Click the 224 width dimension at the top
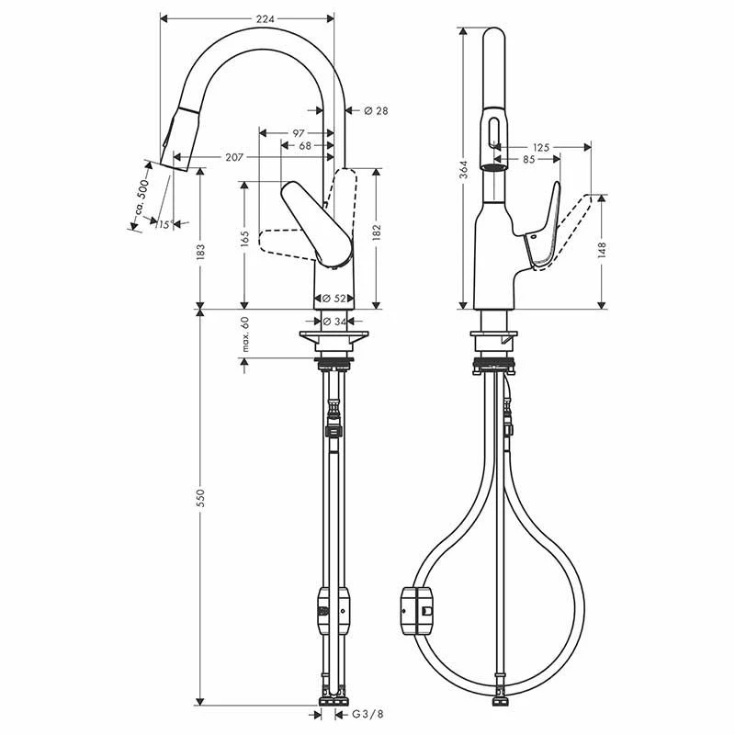click(265, 18)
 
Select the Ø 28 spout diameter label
click(376, 110)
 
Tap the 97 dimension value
click(298, 133)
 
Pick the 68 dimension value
click(305, 146)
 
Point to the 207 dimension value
click(234, 157)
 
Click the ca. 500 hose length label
click(142, 198)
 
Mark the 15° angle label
click(165, 224)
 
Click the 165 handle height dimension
click(244, 239)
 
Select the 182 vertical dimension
click(377, 233)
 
